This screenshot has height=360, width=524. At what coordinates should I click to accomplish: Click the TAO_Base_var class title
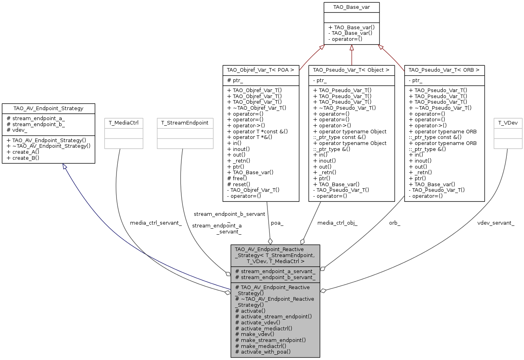351,7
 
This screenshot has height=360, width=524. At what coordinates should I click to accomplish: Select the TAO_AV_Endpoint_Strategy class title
48,108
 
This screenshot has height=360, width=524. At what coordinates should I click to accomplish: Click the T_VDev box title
508,123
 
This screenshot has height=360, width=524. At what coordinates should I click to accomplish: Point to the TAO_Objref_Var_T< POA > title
261,70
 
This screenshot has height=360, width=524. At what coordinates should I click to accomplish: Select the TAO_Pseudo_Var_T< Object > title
351,70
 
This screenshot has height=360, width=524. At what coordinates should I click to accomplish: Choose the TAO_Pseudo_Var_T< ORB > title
444,70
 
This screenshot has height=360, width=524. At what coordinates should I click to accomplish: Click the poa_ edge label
277,223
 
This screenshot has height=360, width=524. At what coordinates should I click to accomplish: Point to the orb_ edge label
394,223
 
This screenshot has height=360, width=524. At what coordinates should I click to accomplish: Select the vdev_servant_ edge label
496,223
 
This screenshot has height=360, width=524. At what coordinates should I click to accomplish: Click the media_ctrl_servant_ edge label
156,223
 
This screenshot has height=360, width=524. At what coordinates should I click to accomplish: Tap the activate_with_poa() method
263,352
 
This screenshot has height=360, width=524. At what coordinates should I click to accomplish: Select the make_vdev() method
255,334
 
